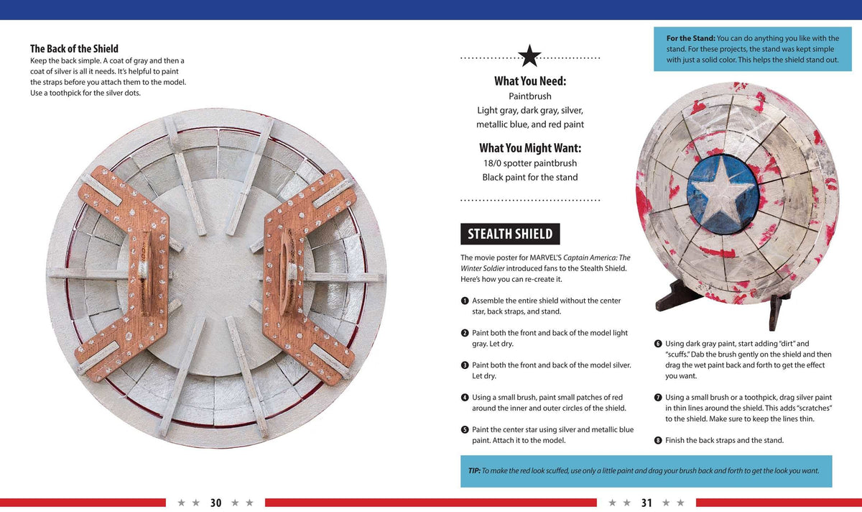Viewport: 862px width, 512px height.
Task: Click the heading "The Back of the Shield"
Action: point(74,49)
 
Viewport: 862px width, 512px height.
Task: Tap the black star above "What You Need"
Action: point(529,56)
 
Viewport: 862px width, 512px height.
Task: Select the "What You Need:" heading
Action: point(530,81)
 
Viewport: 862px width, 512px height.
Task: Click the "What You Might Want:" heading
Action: point(530,148)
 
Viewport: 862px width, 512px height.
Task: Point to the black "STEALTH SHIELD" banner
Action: point(510,234)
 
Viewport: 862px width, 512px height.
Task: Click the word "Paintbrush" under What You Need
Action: point(530,96)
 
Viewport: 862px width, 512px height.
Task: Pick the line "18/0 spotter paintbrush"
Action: point(530,163)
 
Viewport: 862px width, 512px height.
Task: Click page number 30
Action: point(215,503)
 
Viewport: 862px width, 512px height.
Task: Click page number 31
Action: point(646,503)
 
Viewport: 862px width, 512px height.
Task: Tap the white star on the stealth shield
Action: point(722,193)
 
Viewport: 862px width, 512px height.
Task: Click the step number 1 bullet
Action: point(465,301)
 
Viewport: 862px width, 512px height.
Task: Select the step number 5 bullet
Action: point(465,430)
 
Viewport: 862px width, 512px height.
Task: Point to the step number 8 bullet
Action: point(658,440)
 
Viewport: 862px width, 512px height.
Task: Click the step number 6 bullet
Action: point(658,344)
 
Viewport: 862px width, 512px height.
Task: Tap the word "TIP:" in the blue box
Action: point(474,471)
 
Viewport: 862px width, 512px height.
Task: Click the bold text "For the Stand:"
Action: point(691,39)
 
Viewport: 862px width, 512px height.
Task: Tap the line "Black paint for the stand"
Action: point(530,178)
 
